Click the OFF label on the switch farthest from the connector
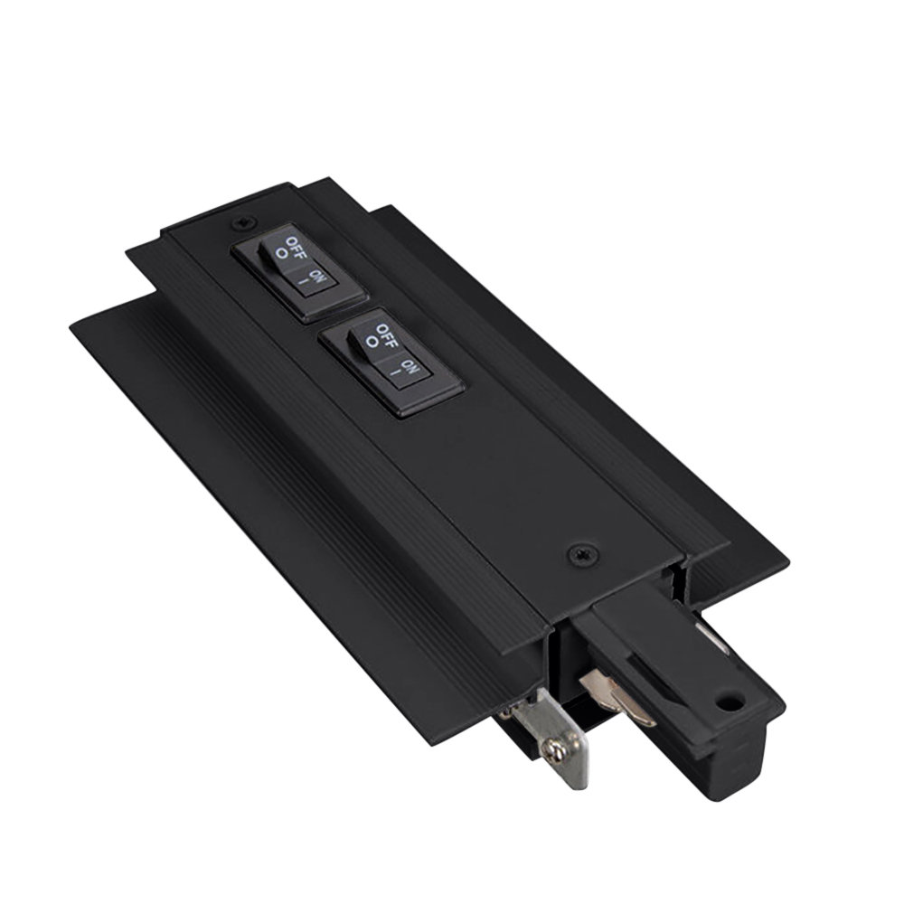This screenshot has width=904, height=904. tap(298, 247)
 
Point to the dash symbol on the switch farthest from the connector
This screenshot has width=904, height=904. tap(304, 282)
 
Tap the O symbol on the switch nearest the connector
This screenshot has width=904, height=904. tap(371, 342)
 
